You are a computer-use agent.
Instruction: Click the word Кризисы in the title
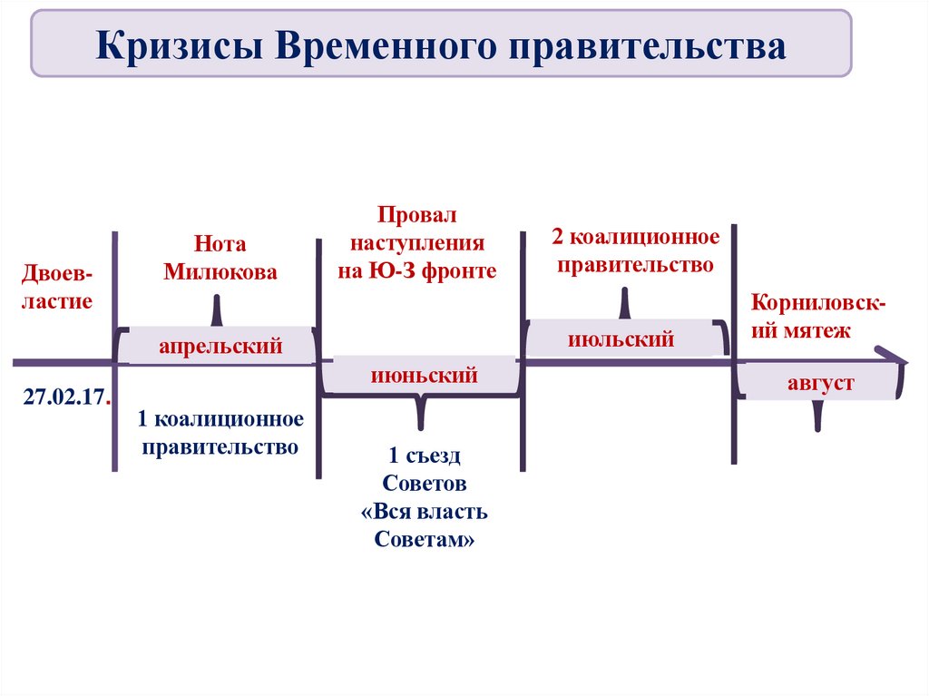[x=178, y=45]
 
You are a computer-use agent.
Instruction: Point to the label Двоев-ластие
[x=58, y=287]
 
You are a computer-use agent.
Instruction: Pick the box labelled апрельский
[x=220, y=346]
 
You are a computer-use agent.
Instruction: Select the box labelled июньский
[x=424, y=375]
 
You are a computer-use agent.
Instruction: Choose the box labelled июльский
[x=621, y=339]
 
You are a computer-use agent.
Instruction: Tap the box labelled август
[x=820, y=382]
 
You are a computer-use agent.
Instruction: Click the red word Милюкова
[x=220, y=271]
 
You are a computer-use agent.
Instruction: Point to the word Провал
[x=418, y=216]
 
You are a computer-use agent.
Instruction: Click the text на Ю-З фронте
[x=418, y=270]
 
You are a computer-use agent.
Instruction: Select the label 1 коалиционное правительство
[x=220, y=433]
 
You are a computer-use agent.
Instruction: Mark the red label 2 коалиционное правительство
[x=635, y=251]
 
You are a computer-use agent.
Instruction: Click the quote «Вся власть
[x=425, y=511]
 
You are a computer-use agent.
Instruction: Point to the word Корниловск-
[x=818, y=303]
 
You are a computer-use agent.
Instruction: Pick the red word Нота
[x=220, y=244]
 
